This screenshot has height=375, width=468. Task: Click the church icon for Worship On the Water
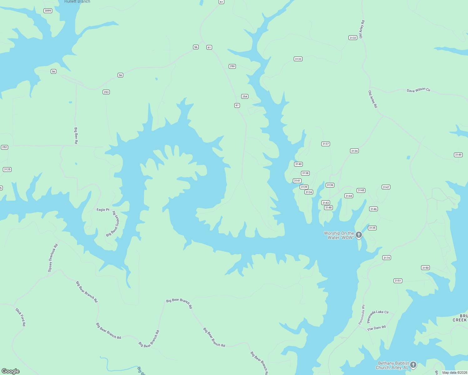(x=359, y=235)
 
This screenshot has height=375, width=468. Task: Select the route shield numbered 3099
(x=48, y=11)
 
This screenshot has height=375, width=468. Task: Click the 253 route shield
(x=106, y=92)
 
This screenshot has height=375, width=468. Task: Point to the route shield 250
(x=232, y=66)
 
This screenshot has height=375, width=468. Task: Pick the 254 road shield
(x=245, y=96)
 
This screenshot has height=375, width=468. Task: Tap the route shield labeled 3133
(x=298, y=59)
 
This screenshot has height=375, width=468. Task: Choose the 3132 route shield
(x=353, y=37)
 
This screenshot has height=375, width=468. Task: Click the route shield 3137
(x=326, y=144)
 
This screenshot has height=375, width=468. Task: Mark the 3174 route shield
(x=387, y=258)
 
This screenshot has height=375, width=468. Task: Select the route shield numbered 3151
(x=398, y=281)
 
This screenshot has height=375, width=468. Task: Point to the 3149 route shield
(x=458, y=155)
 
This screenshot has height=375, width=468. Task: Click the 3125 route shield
(x=7, y=169)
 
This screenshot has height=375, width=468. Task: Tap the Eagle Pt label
(x=103, y=210)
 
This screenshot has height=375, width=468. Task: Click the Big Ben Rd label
(x=76, y=135)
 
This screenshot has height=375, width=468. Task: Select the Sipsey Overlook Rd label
(x=53, y=258)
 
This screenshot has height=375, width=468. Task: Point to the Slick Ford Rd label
(x=21, y=317)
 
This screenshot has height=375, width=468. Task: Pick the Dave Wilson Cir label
(x=419, y=90)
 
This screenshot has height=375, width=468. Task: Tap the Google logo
(x=11, y=371)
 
